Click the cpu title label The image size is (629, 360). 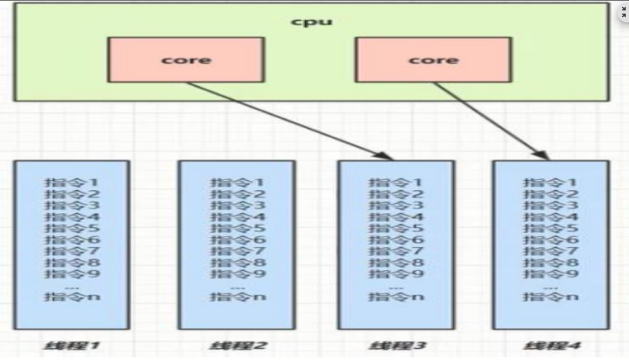tap(312, 22)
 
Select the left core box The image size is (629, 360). tap(186, 60)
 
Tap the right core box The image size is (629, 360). tap(433, 60)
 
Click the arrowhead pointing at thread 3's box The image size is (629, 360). tap(386, 156)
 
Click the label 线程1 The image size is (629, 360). tap(72, 345)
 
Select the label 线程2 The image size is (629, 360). tap(236, 345)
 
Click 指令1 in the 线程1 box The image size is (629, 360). tap(72, 183)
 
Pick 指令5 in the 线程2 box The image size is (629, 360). tap(237, 228)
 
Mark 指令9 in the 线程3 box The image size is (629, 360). tap(395, 274)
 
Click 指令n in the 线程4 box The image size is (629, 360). tap(551, 297)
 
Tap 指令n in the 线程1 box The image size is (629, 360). tap(72, 297)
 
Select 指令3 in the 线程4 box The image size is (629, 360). tap(551, 205)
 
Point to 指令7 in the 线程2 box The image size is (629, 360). tap(237, 251)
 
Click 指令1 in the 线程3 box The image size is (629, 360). tap(395, 183)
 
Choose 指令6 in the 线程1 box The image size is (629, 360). tap(72, 240)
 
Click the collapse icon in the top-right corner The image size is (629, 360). tap(623, 12)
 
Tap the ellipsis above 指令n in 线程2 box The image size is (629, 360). tap(237, 287)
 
